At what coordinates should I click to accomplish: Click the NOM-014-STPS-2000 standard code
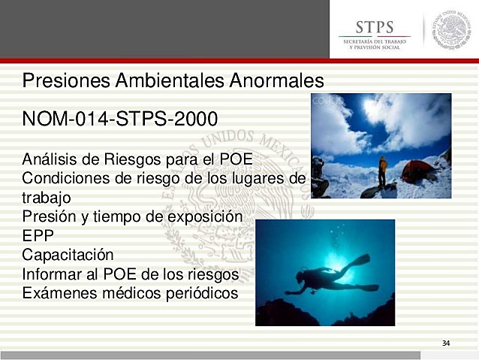(120, 119)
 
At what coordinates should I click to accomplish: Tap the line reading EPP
(38, 235)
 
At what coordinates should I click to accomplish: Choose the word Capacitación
(68, 255)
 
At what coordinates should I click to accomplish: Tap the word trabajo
(47, 197)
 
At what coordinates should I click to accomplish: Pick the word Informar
(51, 274)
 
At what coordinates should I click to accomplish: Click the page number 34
(446, 343)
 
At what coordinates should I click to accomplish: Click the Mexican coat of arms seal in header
(453, 29)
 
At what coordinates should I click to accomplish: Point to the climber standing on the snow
(383, 171)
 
